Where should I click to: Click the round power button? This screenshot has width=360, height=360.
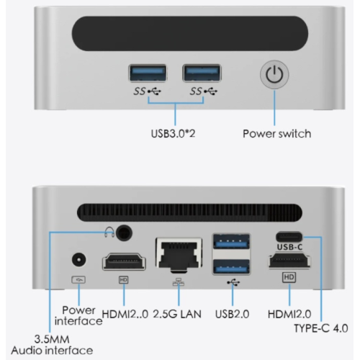(x=274, y=75)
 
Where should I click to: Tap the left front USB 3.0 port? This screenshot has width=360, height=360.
(x=148, y=73)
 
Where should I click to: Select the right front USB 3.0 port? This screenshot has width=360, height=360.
(x=202, y=73)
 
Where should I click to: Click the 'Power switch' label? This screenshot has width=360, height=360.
(x=277, y=134)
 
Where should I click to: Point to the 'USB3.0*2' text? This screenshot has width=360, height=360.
(x=173, y=133)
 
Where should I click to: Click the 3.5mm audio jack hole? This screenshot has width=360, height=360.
(x=124, y=233)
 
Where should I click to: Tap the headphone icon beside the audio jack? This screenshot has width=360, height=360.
(x=109, y=232)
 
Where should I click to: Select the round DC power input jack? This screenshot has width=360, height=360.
(x=79, y=259)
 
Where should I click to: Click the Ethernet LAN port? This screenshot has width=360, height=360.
(x=179, y=254)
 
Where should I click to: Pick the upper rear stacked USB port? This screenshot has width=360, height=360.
(x=231, y=242)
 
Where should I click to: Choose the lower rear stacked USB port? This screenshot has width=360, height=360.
(x=231, y=267)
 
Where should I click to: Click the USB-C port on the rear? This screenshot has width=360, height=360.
(x=289, y=237)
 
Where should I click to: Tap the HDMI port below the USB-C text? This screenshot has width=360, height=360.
(x=289, y=261)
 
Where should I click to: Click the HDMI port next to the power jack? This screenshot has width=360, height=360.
(x=124, y=262)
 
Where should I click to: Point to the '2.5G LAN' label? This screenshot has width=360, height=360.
(x=177, y=314)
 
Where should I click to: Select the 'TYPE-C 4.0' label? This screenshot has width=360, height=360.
(x=321, y=328)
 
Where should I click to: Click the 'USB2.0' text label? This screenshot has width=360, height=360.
(x=232, y=314)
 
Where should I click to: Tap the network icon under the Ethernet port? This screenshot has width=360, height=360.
(x=179, y=282)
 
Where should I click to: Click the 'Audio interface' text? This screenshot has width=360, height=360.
(x=52, y=351)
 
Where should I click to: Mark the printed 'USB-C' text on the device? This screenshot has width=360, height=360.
(x=289, y=247)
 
